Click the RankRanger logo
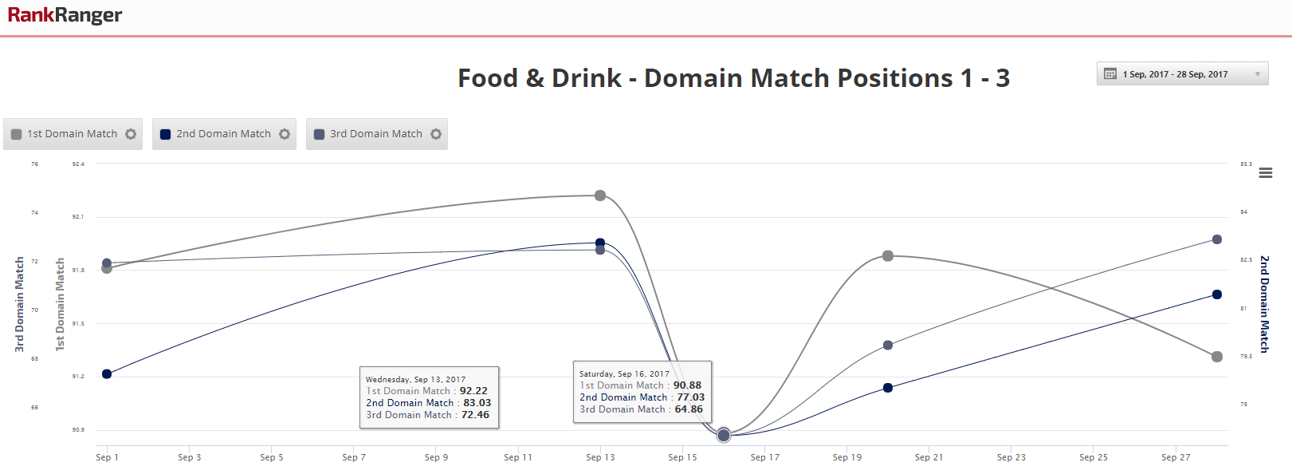pos(65,15)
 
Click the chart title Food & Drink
pos(539,78)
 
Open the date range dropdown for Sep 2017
pos(1182,74)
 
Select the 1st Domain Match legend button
pos(73,134)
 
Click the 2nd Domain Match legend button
pos(223,134)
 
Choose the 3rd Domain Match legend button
pos(375,134)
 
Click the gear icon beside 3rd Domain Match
pos(436,134)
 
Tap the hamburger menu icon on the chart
pos(1265,173)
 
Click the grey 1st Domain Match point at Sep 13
pos(600,196)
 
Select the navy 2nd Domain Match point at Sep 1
pos(107,373)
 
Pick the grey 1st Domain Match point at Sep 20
pos(888,256)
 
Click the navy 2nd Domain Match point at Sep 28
pos(1217,294)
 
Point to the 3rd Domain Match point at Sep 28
pos(1217,239)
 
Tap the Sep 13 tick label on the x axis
pos(600,457)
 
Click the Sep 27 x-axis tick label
pos(1176,457)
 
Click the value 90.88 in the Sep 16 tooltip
pos(687,385)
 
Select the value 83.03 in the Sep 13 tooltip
pos(477,403)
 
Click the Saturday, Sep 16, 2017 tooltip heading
pos(624,373)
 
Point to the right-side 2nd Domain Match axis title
pos(1264,304)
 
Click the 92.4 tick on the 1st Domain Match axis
pos(78,164)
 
